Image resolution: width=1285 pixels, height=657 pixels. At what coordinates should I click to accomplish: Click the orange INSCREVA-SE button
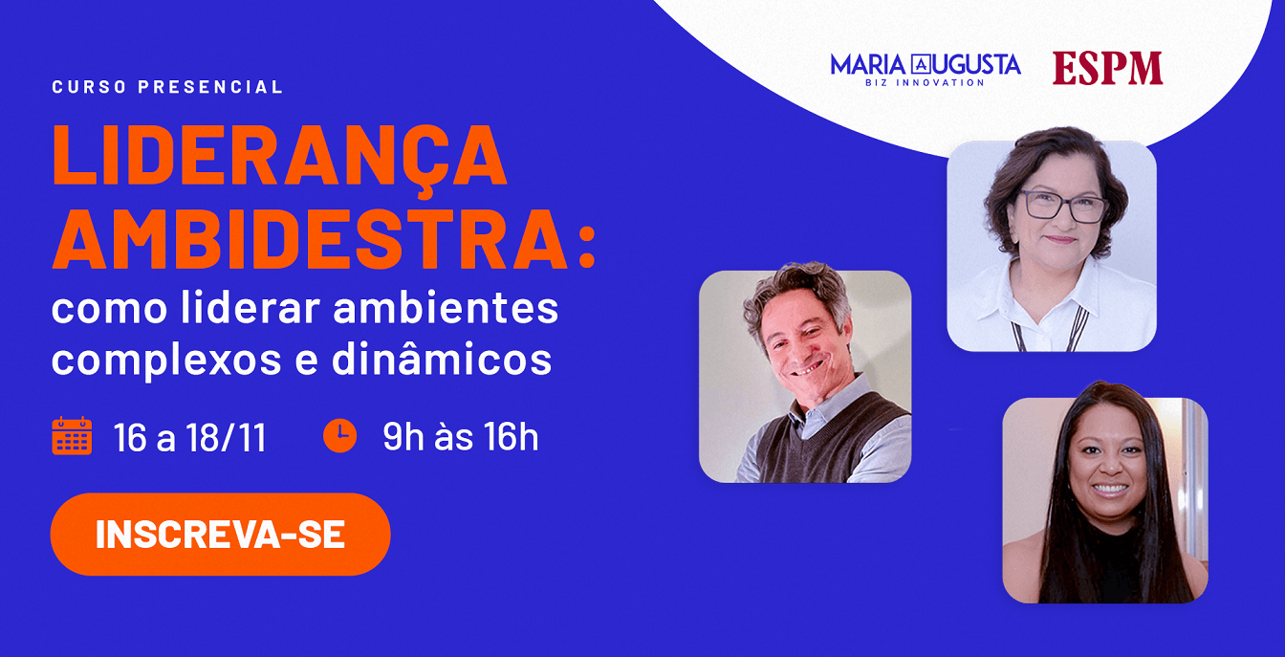click(x=220, y=535)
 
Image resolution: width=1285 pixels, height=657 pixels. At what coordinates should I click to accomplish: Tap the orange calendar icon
click(x=72, y=436)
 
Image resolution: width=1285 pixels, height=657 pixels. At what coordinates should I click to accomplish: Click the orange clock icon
click(x=339, y=436)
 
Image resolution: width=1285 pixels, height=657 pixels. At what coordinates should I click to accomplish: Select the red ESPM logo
click(x=1107, y=68)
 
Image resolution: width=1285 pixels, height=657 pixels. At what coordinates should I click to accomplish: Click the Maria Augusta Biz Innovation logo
click(x=926, y=70)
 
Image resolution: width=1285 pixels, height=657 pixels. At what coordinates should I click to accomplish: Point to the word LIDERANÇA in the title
click(x=280, y=156)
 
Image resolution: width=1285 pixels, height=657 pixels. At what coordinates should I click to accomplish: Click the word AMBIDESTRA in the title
click(x=310, y=239)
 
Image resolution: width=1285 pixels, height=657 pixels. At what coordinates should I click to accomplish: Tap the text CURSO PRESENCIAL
click(x=167, y=87)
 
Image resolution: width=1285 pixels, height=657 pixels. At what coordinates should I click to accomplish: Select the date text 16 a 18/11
click(x=190, y=438)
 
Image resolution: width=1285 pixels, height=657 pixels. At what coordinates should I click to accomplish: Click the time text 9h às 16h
click(x=461, y=437)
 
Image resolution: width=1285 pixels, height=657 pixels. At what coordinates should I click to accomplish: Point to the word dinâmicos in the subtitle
click(x=442, y=359)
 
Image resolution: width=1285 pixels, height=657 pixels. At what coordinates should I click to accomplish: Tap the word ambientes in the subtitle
click(x=446, y=307)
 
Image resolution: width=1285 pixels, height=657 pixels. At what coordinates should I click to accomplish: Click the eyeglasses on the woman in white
click(x=1063, y=206)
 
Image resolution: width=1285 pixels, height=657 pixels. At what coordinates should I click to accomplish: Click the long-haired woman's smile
click(x=1109, y=490)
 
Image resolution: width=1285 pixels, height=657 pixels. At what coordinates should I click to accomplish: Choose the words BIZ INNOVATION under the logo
click(x=926, y=82)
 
